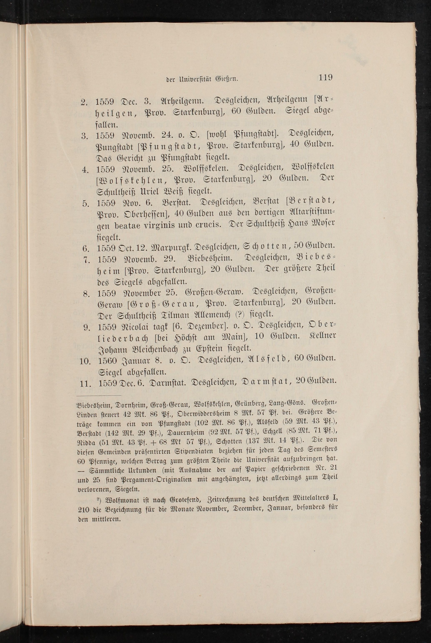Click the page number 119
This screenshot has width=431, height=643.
tap(325, 77)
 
